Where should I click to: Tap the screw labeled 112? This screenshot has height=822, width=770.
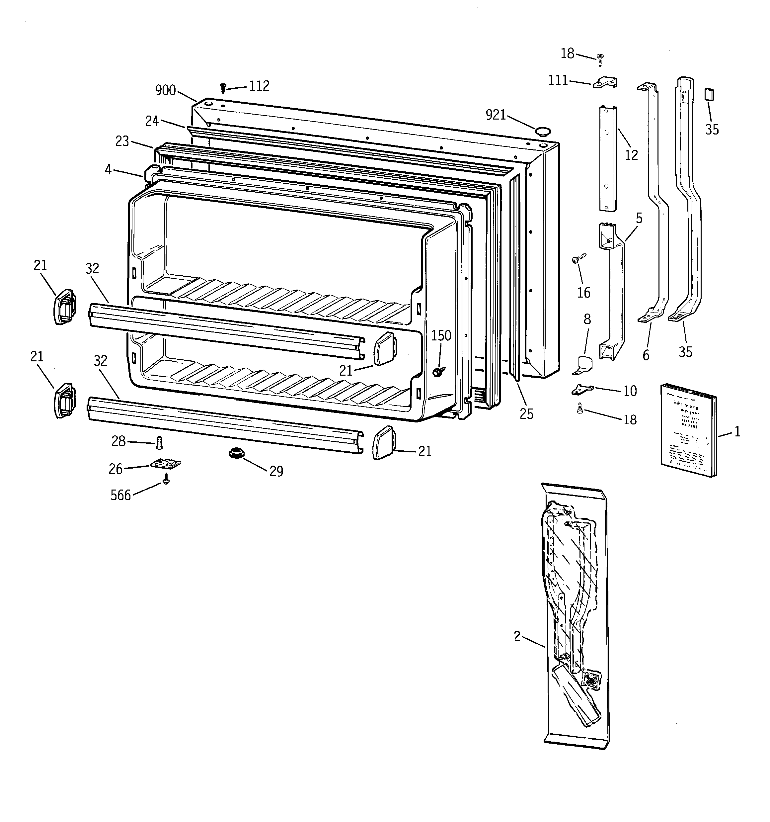[x=223, y=88]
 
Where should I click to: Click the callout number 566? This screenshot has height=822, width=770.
[x=120, y=495]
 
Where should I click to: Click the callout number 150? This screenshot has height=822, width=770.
[x=441, y=335]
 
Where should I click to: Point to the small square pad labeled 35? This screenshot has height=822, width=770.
[x=709, y=94]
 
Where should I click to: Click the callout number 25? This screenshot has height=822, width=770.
[x=527, y=414]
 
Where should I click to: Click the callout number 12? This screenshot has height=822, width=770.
[x=631, y=155]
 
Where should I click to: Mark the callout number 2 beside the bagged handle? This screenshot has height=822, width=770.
[x=517, y=636]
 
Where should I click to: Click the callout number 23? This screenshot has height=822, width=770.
[x=122, y=141]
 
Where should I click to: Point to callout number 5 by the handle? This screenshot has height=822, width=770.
[x=639, y=218]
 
